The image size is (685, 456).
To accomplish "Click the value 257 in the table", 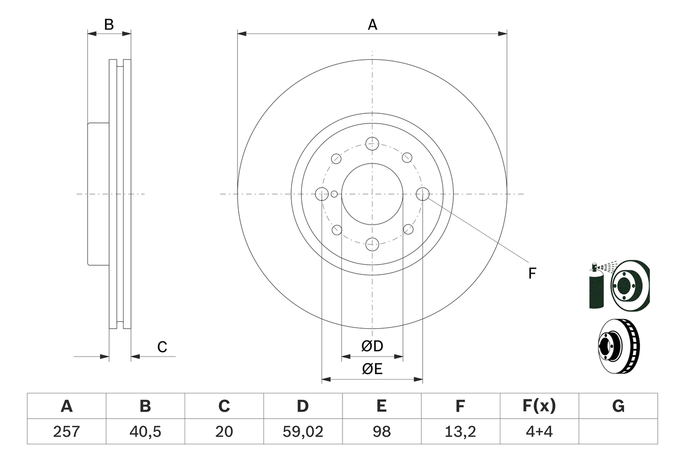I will point(66,431).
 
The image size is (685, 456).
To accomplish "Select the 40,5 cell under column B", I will point(145,431).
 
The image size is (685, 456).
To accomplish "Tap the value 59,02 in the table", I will point(302,431).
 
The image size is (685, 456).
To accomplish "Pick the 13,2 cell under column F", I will point(460,431).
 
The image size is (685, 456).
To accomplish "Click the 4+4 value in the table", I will point(538,431).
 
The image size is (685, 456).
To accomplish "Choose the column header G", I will point(618,406).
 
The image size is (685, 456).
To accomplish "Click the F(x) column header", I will point(538,406).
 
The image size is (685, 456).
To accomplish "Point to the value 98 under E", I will point(381,431).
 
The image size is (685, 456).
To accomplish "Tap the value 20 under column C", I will point(224,431).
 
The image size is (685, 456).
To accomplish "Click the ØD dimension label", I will point(372,346).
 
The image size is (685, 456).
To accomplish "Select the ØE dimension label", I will point(372,369).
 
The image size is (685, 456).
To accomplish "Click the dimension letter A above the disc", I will point(372,25).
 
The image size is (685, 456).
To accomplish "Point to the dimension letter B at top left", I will point(109,25).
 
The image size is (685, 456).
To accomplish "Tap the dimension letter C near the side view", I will point(162,347).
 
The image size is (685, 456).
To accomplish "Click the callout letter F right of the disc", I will point(532,274).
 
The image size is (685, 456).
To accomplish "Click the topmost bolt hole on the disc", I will point(372,143).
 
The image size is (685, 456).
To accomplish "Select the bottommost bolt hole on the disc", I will point(372,245).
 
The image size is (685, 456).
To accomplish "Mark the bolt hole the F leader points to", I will point(423,194).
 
